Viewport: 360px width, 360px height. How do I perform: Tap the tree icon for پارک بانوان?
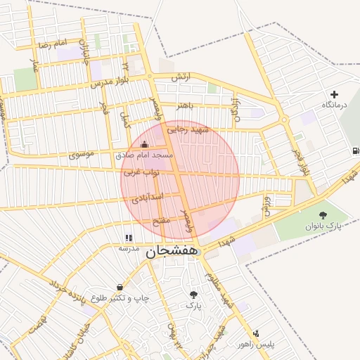[x=323, y=215]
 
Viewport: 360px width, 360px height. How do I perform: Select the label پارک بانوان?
[x=323, y=226]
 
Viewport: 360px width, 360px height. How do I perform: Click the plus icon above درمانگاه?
[x=334, y=94]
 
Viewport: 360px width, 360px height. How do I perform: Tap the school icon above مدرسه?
[x=128, y=238]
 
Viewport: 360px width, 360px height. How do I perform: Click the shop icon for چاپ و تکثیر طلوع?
[x=120, y=287]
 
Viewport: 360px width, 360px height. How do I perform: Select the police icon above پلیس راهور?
[x=255, y=333]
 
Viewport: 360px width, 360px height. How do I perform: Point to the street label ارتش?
[x=180, y=76]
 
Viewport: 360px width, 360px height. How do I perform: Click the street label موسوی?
[x=84, y=153]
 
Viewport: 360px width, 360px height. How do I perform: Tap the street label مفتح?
[x=162, y=221]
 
